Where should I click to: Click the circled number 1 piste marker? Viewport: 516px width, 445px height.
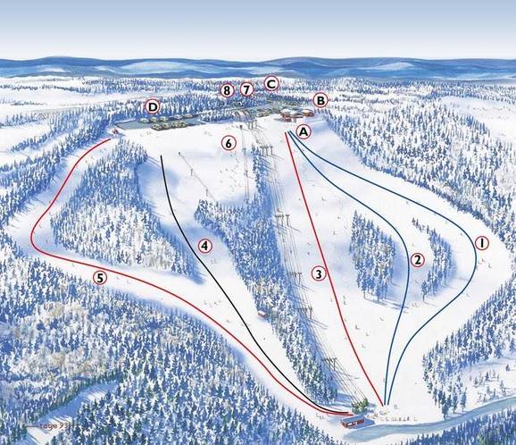pos(481,242)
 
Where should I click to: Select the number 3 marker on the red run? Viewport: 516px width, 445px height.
pos(318,273)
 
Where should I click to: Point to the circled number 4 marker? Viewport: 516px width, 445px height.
pos(204,245)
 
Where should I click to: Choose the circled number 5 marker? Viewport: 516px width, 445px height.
pos(100,277)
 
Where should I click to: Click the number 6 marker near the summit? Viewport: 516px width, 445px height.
pos(229,143)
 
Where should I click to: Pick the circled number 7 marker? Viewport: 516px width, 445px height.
pos(248,89)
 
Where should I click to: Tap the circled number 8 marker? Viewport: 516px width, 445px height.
pos(228,90)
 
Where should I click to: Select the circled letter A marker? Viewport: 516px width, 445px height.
pos(304,131)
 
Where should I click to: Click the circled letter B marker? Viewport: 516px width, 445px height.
pos(320,100)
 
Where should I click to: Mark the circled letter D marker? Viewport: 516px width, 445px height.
pos(153,107)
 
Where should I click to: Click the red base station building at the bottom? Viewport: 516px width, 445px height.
pos(359,419)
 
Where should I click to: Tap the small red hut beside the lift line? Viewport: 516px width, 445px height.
pos(263,314)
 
